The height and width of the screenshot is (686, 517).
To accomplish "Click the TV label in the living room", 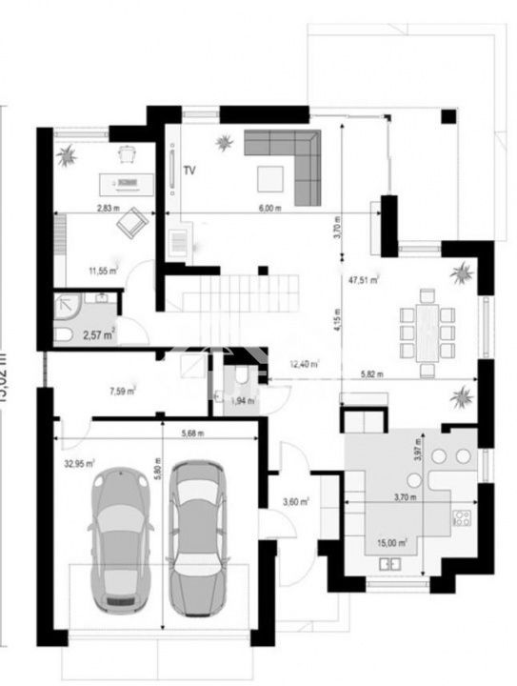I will pyautogui.click(x=189, y=171).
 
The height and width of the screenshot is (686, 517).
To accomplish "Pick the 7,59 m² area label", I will pyautogui.click(x=122, y=390).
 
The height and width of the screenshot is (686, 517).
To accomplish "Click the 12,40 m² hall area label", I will pyautogui.click(x=305, y=363).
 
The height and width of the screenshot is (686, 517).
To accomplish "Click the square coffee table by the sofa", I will pyautogui.click(x=268, y=176).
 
